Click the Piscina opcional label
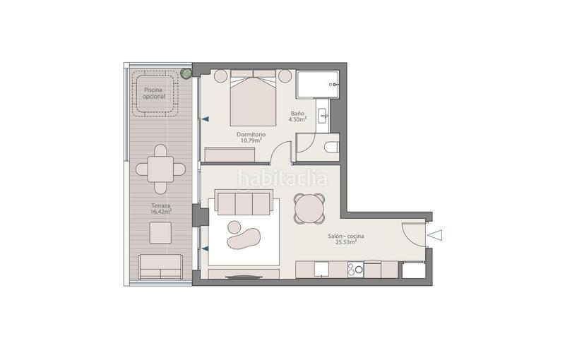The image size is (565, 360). pos(154,93)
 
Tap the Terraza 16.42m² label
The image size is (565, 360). pos(161,208)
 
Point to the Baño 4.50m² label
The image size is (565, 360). pos(298,116)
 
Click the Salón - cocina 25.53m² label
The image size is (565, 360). pos(342,239)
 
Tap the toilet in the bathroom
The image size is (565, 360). pos(331,147)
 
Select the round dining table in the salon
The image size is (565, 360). pos(309,208)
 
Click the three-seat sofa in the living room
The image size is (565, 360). pos(244,204)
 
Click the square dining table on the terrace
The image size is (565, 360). pos(161,169)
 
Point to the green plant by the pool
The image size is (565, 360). pos(186,72)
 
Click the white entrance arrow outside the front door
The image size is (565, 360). pos(436,235)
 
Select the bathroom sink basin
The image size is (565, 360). pos(321,116)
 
